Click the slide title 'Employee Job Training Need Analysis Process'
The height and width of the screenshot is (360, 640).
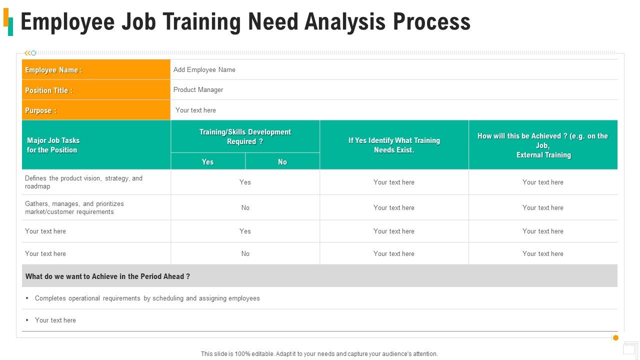tap(245, 22)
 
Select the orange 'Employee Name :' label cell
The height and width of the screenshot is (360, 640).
tap(96, 70)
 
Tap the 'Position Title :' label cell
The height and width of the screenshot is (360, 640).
tap(96, 90)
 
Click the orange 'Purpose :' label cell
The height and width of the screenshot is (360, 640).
tap(96, 110)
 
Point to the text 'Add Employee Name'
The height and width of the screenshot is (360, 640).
tap(204, 70)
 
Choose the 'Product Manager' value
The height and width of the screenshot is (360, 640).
tap(198, 90)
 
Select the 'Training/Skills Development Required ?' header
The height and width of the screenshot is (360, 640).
tap(245, 136)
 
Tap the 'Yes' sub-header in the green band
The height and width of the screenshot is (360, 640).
tap(207, 162)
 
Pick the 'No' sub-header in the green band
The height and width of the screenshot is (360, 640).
tap(282, 162)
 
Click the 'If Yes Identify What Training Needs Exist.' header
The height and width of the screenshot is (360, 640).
tap(394, 145)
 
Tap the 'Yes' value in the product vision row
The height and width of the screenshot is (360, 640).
tap(245, 182)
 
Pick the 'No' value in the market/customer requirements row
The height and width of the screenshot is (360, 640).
tap(245, 207)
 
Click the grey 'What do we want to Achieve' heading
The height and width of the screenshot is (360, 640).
tap(107, 276)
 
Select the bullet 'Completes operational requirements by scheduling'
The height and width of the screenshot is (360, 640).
tap(147, 298)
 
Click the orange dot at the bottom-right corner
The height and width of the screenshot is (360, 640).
tap(615, 338)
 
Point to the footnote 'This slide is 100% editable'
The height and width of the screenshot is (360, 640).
tap(319, 354)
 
